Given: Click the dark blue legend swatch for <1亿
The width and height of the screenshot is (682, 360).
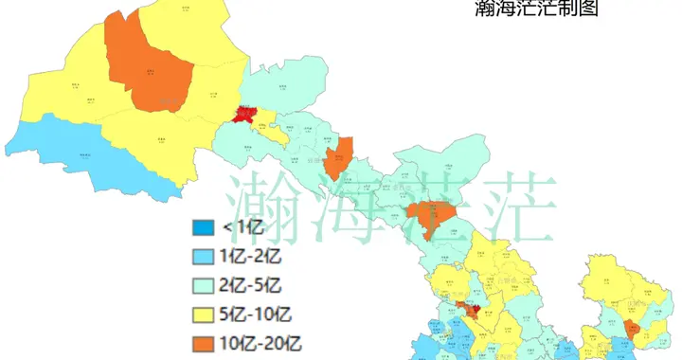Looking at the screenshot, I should (x=203, y=227).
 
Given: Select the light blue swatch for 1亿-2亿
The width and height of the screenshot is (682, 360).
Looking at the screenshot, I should (x=203, y=256).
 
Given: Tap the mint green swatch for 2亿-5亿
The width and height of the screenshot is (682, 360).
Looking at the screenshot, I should (x=203, y=284).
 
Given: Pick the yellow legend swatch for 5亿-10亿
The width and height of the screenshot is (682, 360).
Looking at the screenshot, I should (x=203, y=313).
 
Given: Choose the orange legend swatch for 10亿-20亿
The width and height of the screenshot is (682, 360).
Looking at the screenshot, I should (x=203, y=341).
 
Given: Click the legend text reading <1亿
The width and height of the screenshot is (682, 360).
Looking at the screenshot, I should (x=242, y=227).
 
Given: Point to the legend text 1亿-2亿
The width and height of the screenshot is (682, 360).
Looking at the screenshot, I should (x=251, y=256).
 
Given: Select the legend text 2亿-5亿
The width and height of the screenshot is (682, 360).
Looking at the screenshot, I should (x=251, y=284).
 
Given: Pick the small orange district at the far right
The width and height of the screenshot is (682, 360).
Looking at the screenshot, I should (x=628, y=328).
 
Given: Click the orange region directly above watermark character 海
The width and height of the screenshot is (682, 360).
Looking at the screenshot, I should (x=338, y=155).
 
